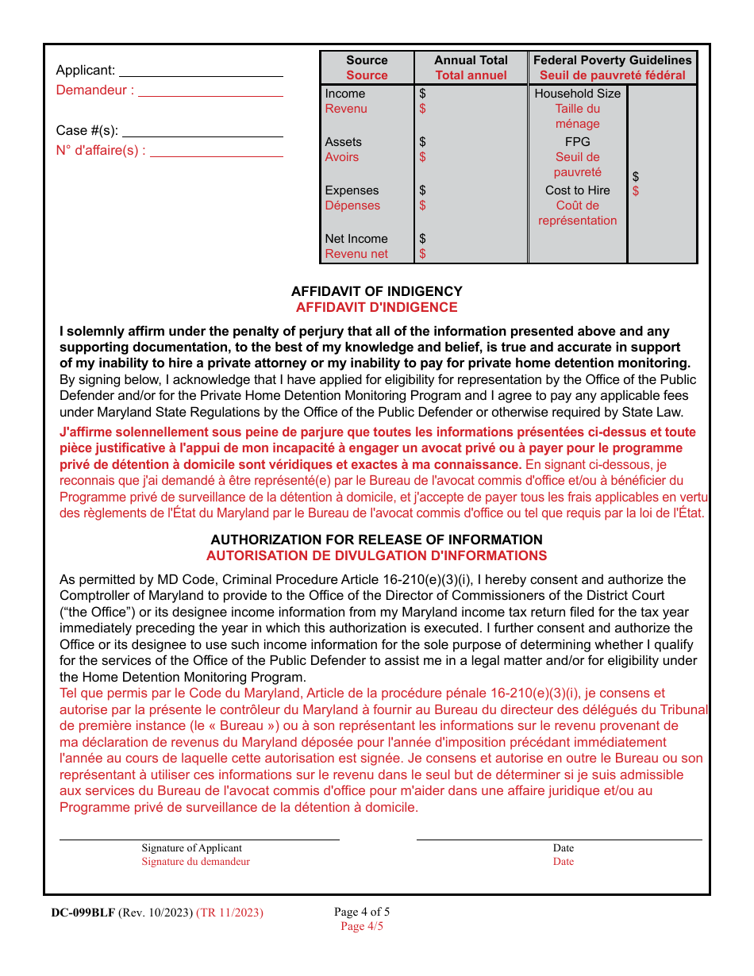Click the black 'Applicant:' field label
point(85,70)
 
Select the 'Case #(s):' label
point(87,130)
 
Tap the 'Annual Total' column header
point(471,60)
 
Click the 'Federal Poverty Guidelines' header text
point(612,60)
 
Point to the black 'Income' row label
point(345,94)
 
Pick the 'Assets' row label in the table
point(343,142)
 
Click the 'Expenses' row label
point(352,190)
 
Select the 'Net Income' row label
point(356,239)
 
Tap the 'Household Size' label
point(577,94)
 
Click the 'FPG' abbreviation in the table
point(577,142)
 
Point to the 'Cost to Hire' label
point(577,190)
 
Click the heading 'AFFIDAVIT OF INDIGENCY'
point(376,291)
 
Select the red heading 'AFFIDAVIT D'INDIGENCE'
point(376,307)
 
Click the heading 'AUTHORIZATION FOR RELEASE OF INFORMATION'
point(376,540)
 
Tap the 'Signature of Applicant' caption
point(191,848)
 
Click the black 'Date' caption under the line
point(563,848)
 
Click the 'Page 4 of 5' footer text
point(362,912)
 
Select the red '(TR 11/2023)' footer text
point(229,913)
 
